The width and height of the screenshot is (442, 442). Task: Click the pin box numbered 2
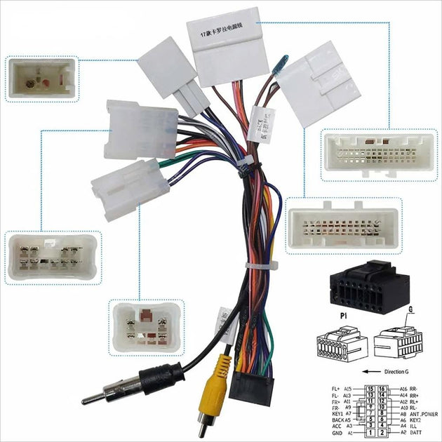pyautogui.click(x=382, y=432)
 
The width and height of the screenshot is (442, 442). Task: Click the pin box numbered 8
pyautogui.click(x=382, y=413)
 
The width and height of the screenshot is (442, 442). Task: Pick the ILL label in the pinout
pyautogui.click(x=413, y=426)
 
